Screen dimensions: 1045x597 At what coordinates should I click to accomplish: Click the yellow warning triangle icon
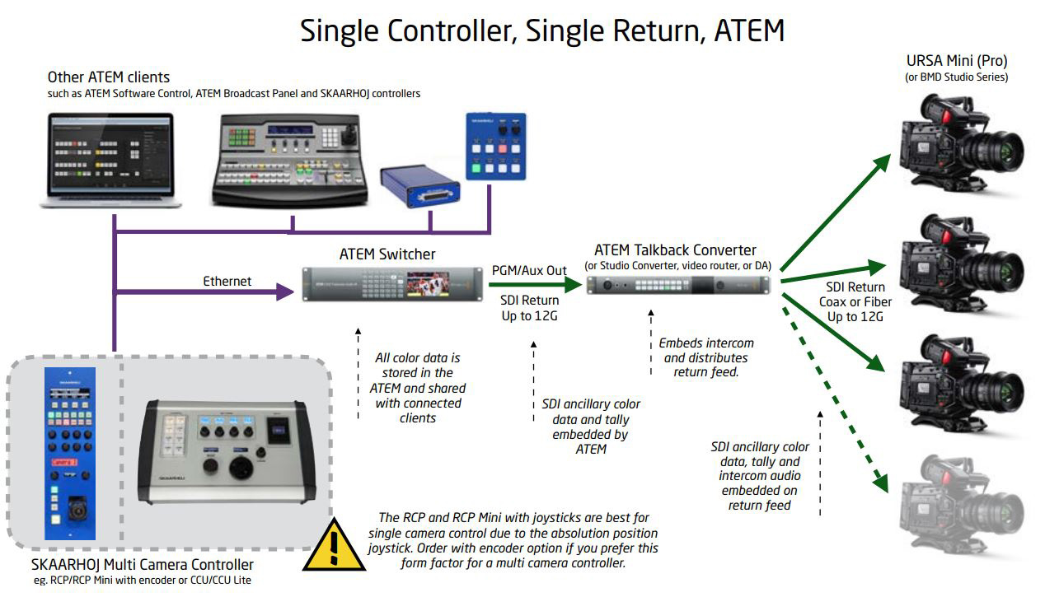334,545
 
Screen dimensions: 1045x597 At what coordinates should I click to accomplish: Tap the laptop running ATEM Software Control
110,160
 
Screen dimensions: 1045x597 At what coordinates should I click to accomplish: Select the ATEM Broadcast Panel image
290,160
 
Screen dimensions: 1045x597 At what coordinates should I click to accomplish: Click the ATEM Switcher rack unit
392,284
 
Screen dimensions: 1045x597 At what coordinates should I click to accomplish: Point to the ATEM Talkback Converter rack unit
678,285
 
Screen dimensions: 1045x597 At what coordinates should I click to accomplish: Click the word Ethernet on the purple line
227,281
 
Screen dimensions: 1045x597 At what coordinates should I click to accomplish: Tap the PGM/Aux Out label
529,270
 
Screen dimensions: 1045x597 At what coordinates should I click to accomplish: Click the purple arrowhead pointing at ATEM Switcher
285,292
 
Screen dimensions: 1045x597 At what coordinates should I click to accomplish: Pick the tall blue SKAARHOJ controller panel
70,454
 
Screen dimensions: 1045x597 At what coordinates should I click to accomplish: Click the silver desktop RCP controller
227,452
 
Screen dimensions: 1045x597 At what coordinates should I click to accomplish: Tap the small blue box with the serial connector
419,186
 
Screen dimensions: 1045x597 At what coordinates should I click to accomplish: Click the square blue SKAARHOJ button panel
496,147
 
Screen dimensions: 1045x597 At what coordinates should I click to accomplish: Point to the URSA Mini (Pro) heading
957,61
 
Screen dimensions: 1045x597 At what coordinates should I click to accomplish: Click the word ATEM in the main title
749,30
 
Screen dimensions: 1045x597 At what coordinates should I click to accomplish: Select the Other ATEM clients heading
109,77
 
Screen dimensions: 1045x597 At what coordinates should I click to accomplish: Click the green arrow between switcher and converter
535,284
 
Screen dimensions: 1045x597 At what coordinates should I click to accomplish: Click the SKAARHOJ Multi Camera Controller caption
143,564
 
